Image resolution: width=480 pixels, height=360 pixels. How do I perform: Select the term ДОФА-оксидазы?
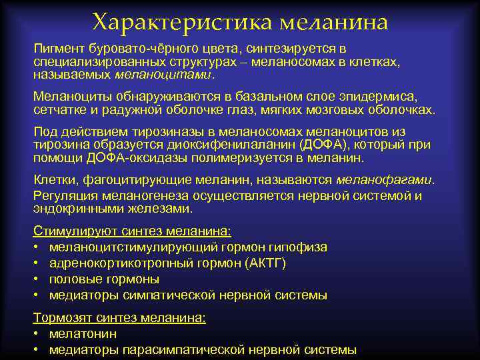tap(127, 157)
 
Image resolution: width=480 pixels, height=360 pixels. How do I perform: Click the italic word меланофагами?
tap(384, 179)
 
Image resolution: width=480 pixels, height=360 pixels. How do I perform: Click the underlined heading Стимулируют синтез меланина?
tap(132, 232)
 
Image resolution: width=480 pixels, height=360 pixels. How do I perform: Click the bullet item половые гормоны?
tap(104, 279)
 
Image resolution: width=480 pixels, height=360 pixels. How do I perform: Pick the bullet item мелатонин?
tap(83, 333)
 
